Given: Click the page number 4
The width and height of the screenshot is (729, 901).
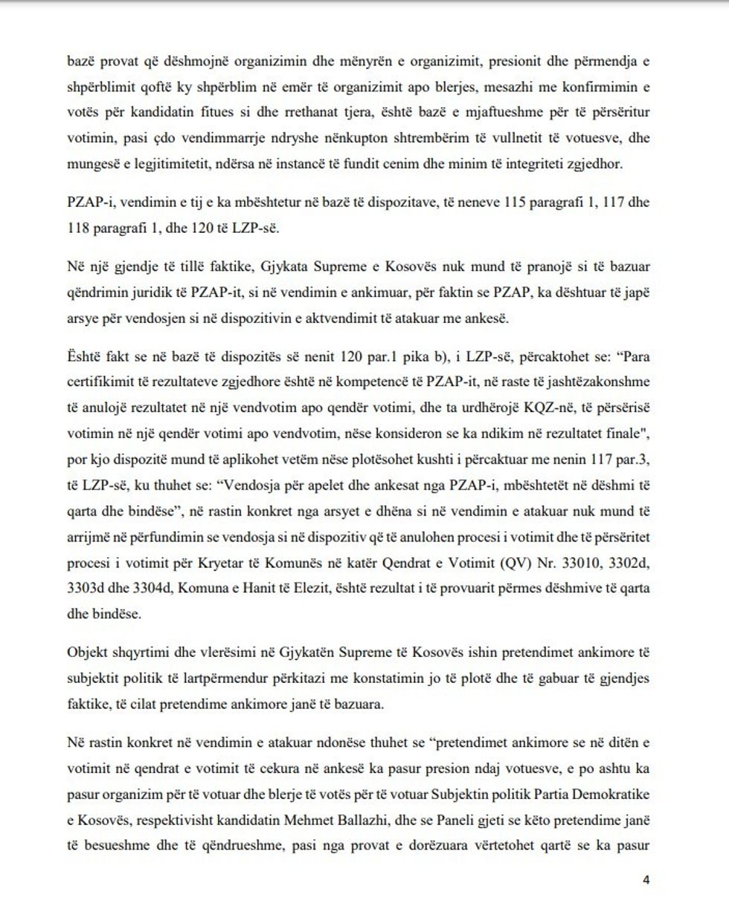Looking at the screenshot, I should (646, 880).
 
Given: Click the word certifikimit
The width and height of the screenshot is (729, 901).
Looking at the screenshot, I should (103, 381).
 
